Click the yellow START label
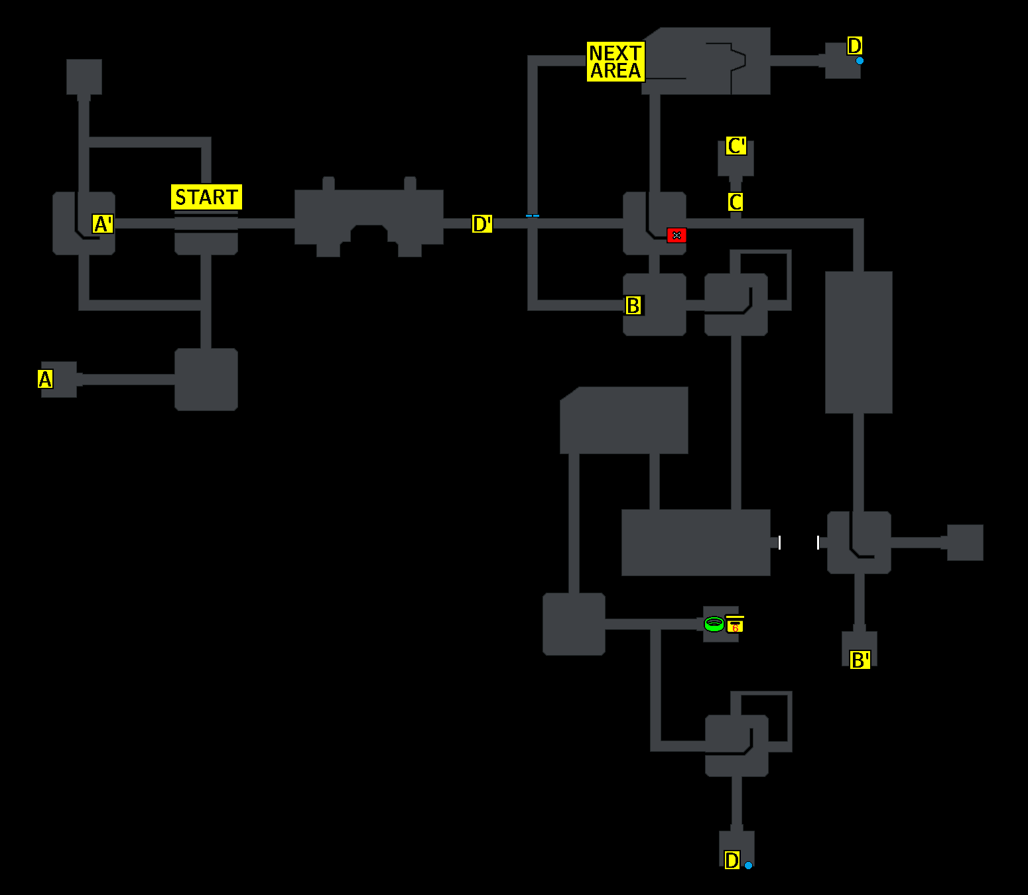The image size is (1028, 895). coord(206,197)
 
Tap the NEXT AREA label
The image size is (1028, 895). coord(615,62)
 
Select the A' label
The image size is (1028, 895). coord(103,224)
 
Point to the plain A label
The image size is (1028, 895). coord(45,379)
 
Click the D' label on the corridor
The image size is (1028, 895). coord(482,224)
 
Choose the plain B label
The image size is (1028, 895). coord(633,306)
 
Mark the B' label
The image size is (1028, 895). coord(860,660)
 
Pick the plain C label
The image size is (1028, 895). coord(735,202)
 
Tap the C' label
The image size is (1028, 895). coord(736,146)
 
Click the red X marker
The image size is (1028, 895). coord(676,235)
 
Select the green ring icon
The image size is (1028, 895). coord(714,624)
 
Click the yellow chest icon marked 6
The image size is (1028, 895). coord(735,625)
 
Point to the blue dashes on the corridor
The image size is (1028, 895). coord(533,215)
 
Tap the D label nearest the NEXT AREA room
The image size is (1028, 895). coord(854,46)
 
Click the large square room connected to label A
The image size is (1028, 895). coord(206,379)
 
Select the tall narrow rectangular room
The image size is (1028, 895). coord(858,342)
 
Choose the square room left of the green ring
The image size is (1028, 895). coord(574,624)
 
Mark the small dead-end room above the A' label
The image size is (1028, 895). coord(84,76)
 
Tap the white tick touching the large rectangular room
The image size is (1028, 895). coord(779,543)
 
